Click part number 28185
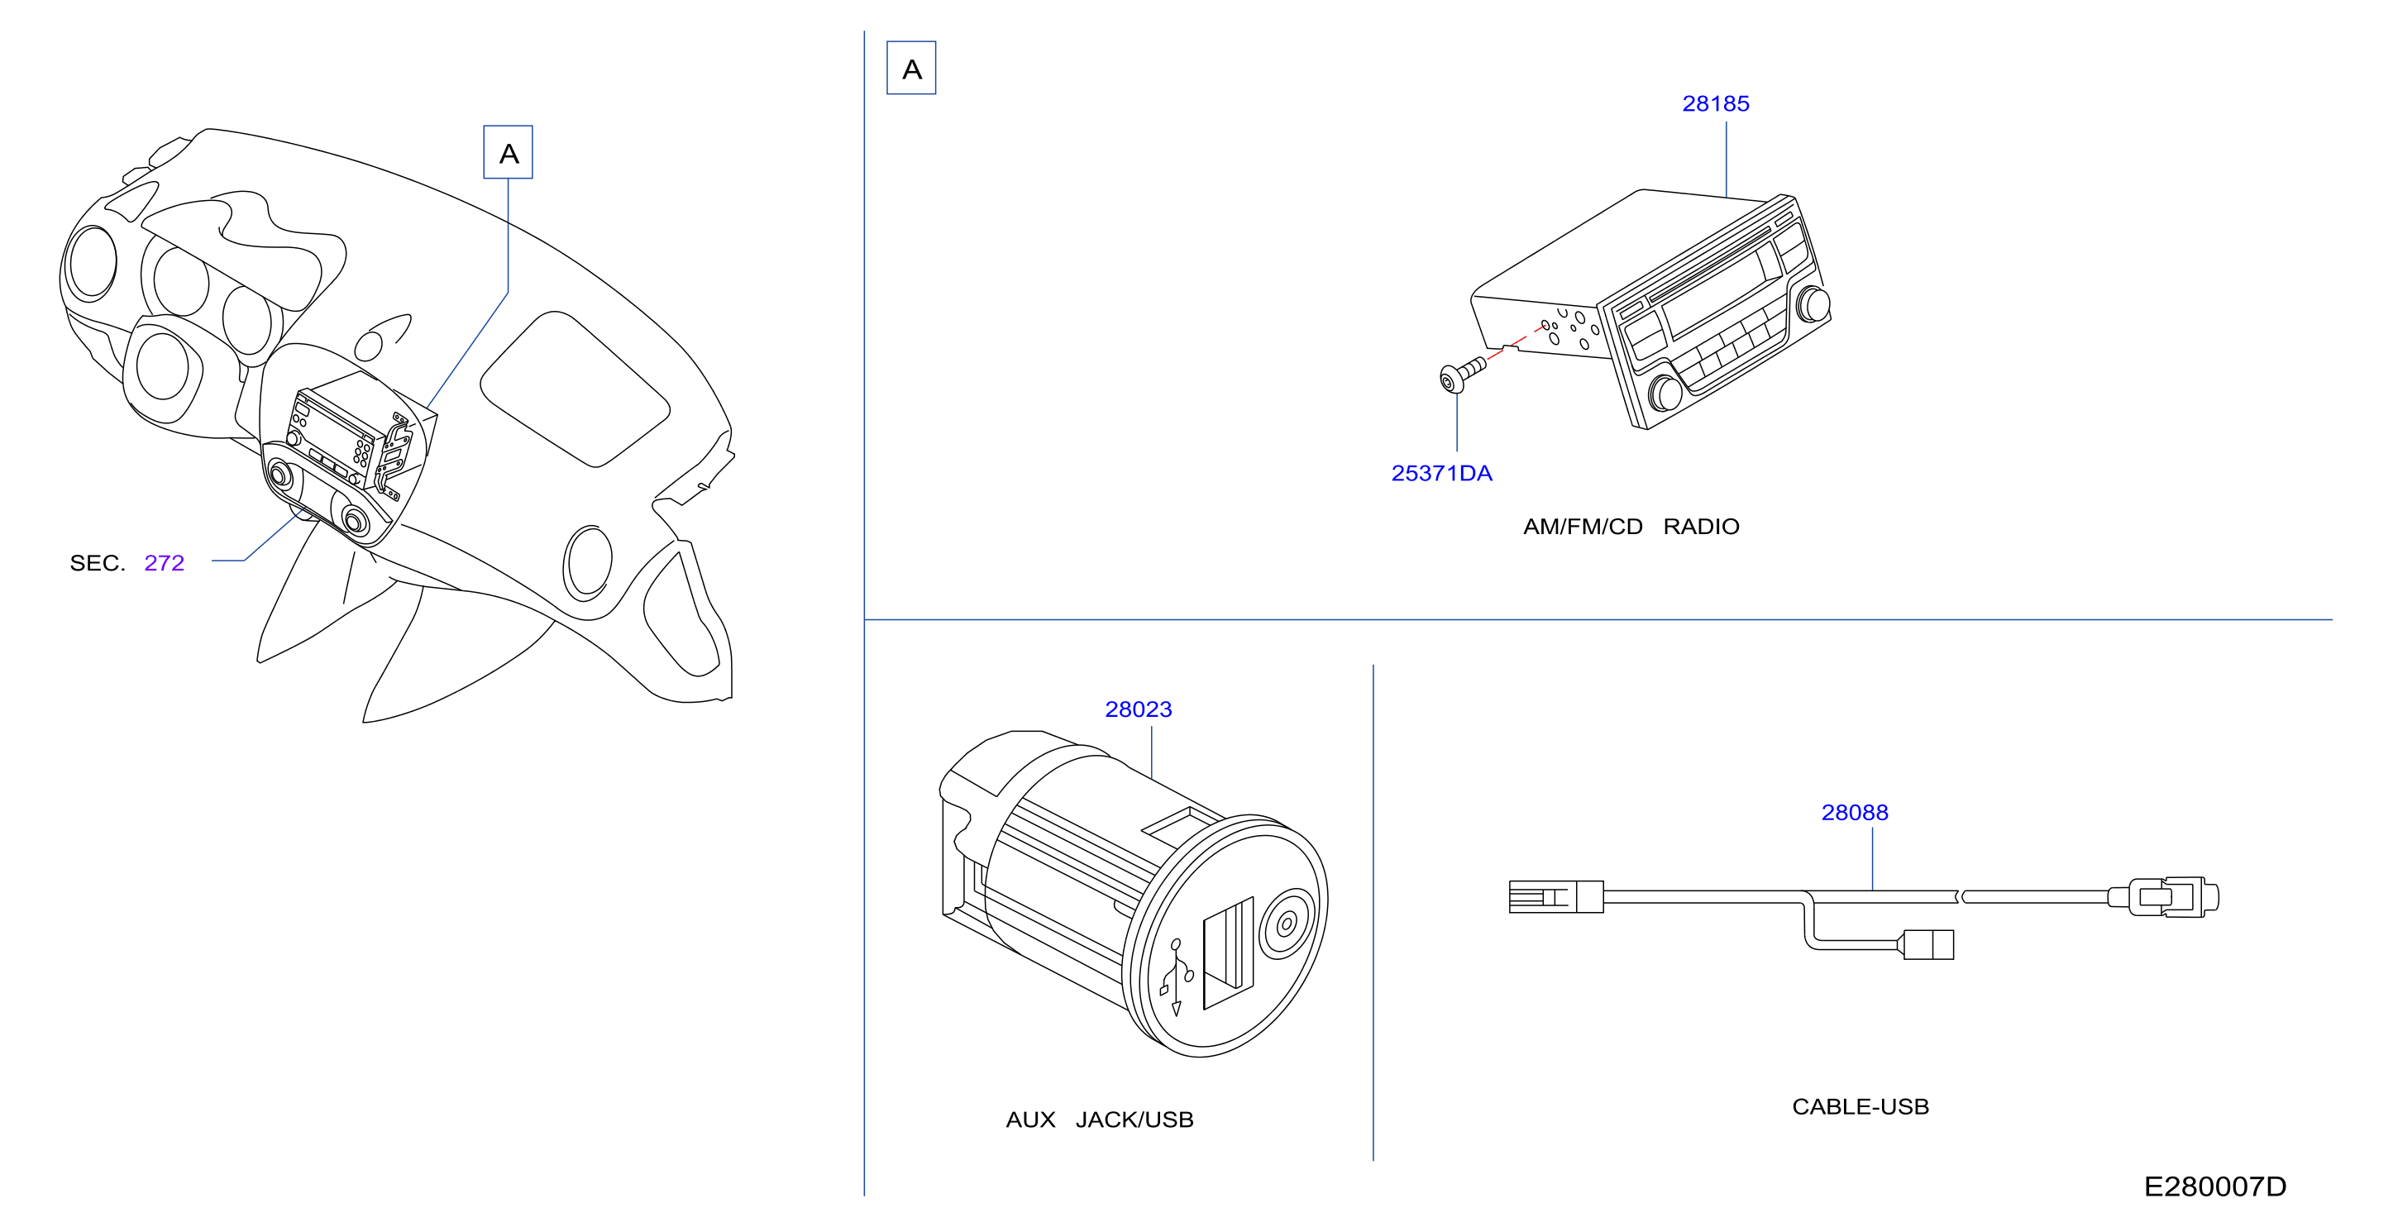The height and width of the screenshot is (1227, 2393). click(1715, 104)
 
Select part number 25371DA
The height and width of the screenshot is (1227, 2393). click(1442, 474)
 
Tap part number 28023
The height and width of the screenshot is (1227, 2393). click(1138, 709)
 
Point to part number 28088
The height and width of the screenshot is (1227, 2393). click(1854, 813)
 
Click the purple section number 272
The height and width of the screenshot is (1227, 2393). click(165, 563)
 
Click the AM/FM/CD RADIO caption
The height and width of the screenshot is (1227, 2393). click(1631, 527)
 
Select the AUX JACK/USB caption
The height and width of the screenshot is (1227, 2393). click(1100, 1120)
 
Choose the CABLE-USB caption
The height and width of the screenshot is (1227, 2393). click(1860, 1107)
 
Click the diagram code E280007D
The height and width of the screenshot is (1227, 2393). click(2214, 1187)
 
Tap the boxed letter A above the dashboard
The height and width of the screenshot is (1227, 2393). click(509, 152)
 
